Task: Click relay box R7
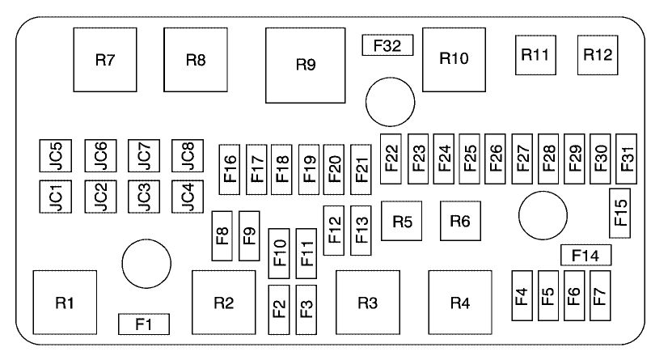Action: tap(104, 61)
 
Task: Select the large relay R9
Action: tap(305, 65)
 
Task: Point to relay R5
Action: tap(403, 221)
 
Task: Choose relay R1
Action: tap(66, 302)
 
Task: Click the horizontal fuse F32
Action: tap(387, 46)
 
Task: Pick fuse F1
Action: tap(144, 324)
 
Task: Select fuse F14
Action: tap(585, 256)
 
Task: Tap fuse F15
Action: tap(621, 212)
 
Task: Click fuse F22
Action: tap(392, 156)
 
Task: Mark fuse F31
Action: tap(627, 156)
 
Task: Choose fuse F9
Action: tap(250, 235)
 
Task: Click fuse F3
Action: tap(306, 309)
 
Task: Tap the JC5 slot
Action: tap(56, 155)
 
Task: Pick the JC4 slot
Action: tap(187, 196)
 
